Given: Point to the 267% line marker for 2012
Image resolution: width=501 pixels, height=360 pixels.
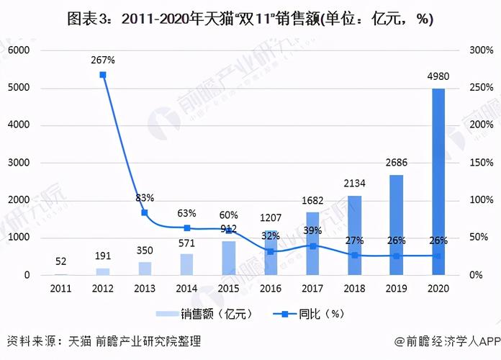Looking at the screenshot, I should click(103, 75).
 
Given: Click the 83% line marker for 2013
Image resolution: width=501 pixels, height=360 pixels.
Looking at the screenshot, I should click(145, 213).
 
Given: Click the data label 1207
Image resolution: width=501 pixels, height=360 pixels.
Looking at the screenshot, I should click(271, 217).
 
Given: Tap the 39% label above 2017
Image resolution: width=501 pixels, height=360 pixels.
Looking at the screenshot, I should click(312, 230).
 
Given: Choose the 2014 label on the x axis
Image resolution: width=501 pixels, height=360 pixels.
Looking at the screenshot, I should click(186, 288).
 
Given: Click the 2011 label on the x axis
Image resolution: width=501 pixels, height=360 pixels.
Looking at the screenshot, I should click(61, 288).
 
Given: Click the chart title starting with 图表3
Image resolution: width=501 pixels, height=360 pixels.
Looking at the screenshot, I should click(250, 19).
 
